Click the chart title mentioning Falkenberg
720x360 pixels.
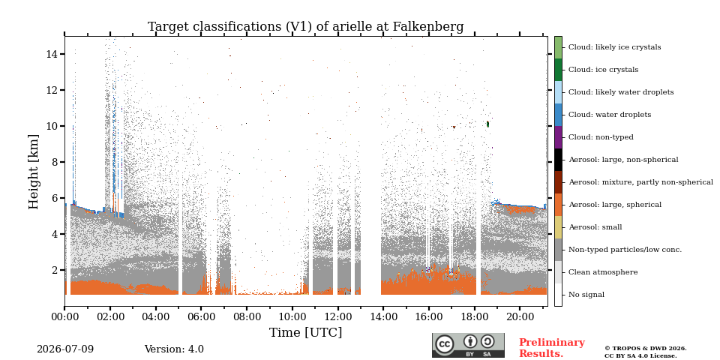tap(305, 27)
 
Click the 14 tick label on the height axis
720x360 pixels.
tap(52, 54)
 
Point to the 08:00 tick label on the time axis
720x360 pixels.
tap(247, 316)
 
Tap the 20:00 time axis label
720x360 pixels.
tap(520, 316)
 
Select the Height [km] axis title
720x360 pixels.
tap(34, 172)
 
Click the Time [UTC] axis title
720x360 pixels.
tap(305, 332)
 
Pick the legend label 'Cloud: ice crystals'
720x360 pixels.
tap(603, 70)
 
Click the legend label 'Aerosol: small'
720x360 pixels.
tap(595, 227)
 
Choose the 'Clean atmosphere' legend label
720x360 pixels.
tap(603, 272)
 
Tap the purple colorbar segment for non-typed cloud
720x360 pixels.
tap(558, 137)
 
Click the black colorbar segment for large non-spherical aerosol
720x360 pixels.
tap(558, 160)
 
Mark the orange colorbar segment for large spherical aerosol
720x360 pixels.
tap(558, 205)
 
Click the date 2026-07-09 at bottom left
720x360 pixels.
tap(65, 349)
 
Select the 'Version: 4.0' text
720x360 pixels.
tap(174, 349)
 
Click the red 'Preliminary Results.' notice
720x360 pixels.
tap(552, 348)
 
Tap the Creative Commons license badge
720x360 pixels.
tap(468, 345)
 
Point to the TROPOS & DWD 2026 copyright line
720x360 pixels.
tap(646, 349)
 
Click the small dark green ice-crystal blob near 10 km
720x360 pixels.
tap(487, 124)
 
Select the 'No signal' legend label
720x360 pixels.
tap(586, 295)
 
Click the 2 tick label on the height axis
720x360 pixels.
tap(55, 270)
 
